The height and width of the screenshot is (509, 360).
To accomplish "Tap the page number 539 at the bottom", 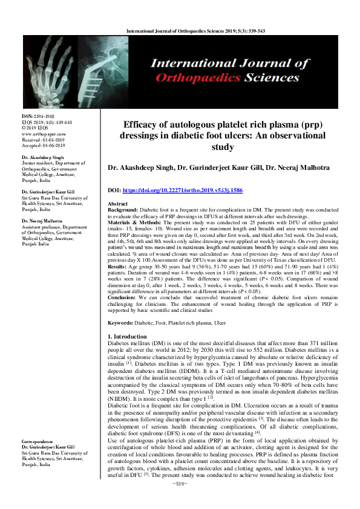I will tap(179, 501).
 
